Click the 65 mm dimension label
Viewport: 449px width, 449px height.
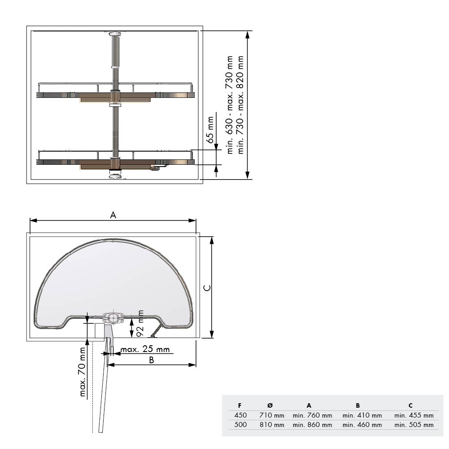(210, 130)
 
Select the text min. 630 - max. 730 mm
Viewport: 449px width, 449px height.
(229, 105)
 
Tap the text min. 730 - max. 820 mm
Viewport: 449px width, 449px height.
(240, 105)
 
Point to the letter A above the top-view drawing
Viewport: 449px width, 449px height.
(113, 215)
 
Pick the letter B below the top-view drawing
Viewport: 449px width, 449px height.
(152, 360)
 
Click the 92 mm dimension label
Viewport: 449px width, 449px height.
(140, 323)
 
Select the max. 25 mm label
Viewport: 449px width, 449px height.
(145, 349)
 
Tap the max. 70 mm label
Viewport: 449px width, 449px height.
(83, 372)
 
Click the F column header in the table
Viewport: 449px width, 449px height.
(240, 405)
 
